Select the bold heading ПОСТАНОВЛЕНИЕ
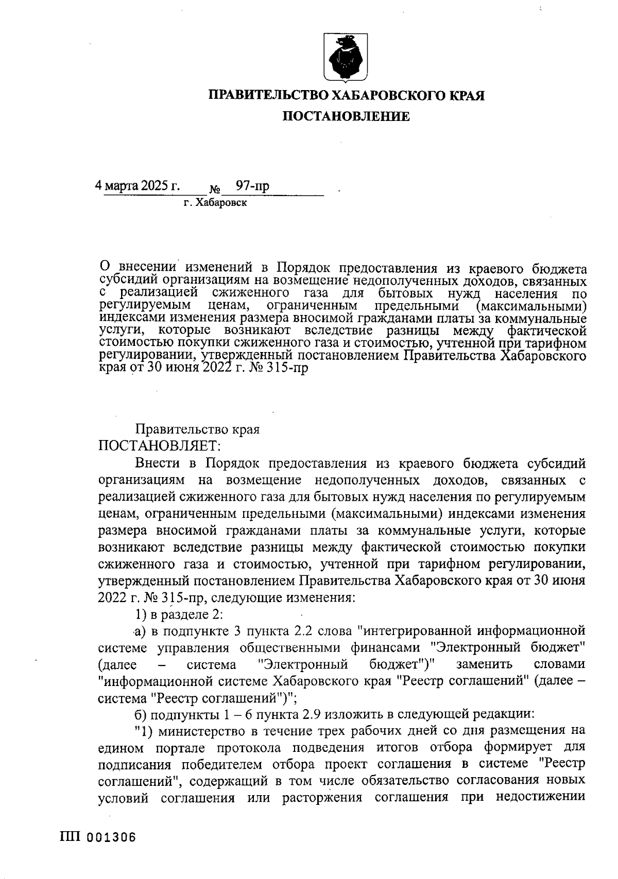tap(345, 117)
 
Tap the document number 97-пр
tap(252, 186)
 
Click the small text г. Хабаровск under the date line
tap(215, 203)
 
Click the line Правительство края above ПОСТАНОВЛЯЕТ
tap(197, 429)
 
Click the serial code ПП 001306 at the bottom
tap(98, 837)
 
